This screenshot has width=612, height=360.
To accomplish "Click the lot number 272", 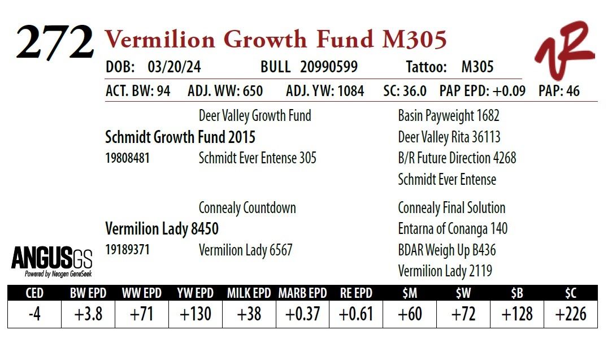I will click(x=55, y=42).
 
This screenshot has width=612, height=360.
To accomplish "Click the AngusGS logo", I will click(x=51, y=261).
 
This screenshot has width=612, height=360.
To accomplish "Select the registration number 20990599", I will click(x=329, y=67).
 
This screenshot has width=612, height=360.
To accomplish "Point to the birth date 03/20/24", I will click(x=174, y=67).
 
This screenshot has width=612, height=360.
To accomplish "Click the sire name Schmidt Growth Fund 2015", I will click(x=180, y=137).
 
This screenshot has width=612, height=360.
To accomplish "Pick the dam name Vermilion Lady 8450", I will click(x=162, y=229).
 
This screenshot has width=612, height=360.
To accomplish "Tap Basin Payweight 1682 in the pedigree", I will click(x=448, y=116).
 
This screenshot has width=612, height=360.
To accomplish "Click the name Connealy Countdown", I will click(x=247, y=208).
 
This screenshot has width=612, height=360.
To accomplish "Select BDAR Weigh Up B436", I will click(x=447, y=250).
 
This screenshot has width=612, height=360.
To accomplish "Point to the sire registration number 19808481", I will click(x=127, y=158).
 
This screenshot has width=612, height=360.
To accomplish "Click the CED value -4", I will click(x=34, y=314).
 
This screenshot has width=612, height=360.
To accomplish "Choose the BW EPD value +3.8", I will click(x=88, y=314).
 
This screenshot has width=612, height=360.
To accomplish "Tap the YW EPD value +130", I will click(x=196, y=314).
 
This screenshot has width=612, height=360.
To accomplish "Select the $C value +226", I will click(x=570, y=314).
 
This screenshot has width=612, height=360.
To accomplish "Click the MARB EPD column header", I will click(x=303, y=293).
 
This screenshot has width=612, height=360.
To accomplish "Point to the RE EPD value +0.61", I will click(x=356, y=314).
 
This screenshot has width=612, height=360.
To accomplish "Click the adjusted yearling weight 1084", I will click(x=348, y=91).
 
